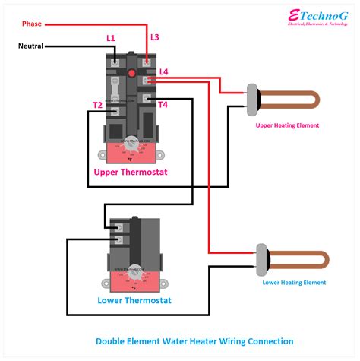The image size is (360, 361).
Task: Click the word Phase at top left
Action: (x=31, y=24)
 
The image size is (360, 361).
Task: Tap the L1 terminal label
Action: (x=111, y=38)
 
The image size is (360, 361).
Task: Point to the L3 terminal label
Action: (x=155, y=37)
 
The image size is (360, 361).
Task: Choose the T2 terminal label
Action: (x=98, y=104)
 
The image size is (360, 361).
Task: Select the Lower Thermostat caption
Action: (x=134, y=300)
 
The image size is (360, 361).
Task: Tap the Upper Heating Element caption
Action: (x=287, y=125)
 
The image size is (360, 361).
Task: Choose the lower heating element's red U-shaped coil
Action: (x=300, y=258)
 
